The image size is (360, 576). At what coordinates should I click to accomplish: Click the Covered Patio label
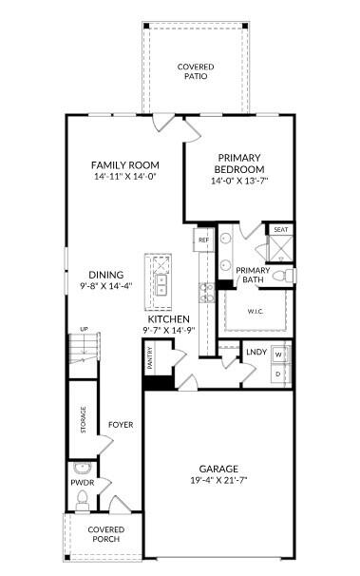click(x=196, y=71)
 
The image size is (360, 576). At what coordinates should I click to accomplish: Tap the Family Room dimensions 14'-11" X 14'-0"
click(x=125, y=177)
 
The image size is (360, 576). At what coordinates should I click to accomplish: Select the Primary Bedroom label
click(x=239, y=163)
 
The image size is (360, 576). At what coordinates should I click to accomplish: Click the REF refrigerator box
click(x=203, y=240)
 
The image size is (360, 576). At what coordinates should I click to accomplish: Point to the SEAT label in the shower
click(x=281, y=230)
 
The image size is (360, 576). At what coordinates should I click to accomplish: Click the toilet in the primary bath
click(x=285, y=276)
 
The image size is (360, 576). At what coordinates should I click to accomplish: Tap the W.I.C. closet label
click(x=256, y=311)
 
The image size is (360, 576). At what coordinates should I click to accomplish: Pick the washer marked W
click(x=279, y=355)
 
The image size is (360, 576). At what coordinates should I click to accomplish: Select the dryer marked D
click(x=279, y=374)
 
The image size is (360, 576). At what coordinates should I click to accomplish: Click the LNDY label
click(x=256, y=352)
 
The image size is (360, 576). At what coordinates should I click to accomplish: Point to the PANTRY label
click(x=150, y=357)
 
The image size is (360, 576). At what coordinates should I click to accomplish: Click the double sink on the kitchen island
click(x=161, y=285)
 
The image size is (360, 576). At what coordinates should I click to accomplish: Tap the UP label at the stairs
click(x=84, y=329)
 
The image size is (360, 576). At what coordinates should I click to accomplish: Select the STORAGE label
click(x=84, y=419)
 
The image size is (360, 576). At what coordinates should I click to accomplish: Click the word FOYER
click(x=121, y=425)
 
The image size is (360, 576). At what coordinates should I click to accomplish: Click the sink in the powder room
click(x=82, y=468)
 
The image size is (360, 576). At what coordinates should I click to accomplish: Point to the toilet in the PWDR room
click(x=83, y=500)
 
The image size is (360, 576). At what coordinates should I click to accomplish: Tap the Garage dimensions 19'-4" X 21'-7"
click(x=218, y=480)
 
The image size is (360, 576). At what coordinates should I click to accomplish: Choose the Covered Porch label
click(x=106, y=534)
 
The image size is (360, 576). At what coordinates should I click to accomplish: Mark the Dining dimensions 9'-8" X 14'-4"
click(x=106, y=285)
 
